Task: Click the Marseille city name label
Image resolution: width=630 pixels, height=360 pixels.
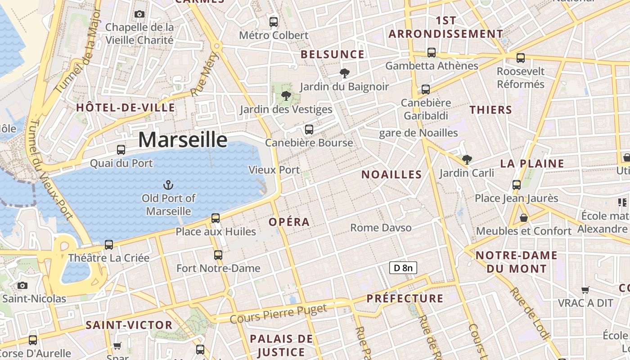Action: (x=183, y=139)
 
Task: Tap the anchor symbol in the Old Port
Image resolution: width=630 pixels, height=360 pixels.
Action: (x=168, y=184)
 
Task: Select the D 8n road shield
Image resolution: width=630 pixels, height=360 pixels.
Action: (x=403, y=268)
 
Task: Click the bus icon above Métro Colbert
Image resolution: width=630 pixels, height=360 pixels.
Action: (x=274, y=22)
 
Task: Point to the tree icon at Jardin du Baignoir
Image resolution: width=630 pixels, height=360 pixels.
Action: (x=345, y=73)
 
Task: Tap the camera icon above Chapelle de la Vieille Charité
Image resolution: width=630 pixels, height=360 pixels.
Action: (x=139, y=14)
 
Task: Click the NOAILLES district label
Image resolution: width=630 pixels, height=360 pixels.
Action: (x=391, y=175)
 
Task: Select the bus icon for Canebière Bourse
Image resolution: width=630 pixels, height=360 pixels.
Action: (x=309, y=130)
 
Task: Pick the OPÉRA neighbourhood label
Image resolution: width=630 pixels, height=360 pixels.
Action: (x=289, y=222)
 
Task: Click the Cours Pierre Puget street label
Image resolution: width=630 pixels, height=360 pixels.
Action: (x=278, y=313)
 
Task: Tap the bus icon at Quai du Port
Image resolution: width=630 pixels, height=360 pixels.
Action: (x=121, y=150)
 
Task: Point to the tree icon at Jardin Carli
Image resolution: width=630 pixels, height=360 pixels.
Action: (x=467, y=159)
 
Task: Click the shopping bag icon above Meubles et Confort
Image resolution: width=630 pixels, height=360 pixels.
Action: (x=524, y=218)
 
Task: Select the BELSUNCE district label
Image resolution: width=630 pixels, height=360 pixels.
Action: (x=333, y=54)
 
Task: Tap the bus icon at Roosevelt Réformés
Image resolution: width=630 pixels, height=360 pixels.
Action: (x=521, y=58)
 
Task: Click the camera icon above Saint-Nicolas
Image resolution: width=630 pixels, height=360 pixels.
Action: (x=22, y=285)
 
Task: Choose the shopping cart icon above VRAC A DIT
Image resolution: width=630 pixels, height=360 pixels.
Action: (x=585, y=290)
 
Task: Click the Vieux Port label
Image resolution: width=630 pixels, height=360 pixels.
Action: (x=274, y=170)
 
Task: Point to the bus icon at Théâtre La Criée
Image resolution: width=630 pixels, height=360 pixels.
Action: (x=109, y=245)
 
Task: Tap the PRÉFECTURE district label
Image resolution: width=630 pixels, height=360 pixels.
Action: (x=405, y=298)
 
